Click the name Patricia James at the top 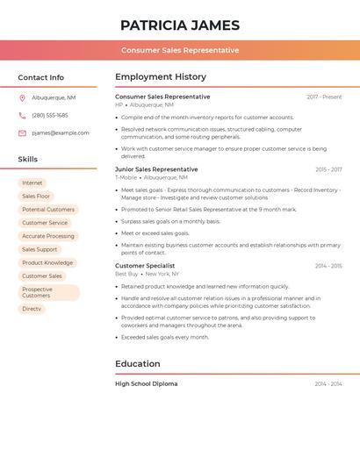pyautogui.click(x=180, y=25)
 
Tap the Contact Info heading pyautogui.click(x=41, y=77)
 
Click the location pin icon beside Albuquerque pyautogui.click(x=22, y=97)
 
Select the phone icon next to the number pyautogui.click(x=22, y=115)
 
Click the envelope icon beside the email pyautogui.click(x=22, y=132)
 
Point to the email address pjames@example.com pyautogui.click(x=61, y=132)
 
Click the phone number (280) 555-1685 pyautogui.click(x=50, y=115)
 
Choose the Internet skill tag pyautogui.click(x=32, y=182)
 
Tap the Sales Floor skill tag pyautogui.click(x=36, y=197)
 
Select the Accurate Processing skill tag pyautogui.click(x=48, y=236)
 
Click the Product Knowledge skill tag pyautogui.click(x=47, y=262)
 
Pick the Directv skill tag pyautogui.click(x=32, y=309)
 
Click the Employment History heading pyautogui.click(x=161, y=77)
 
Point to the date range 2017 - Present pyautogui.click(x=324, y=97)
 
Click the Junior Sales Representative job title pyautogui.click(x=156, y=169)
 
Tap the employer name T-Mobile pyautogui.click(x=126, y=177)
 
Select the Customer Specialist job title pyautogui.click(x=145, y=266)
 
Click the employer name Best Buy pyautogui.click(x=126, y=274)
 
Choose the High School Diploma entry pyautogui.click(x=146, y=383)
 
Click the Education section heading pyautogui.click(x=138, y=363)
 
